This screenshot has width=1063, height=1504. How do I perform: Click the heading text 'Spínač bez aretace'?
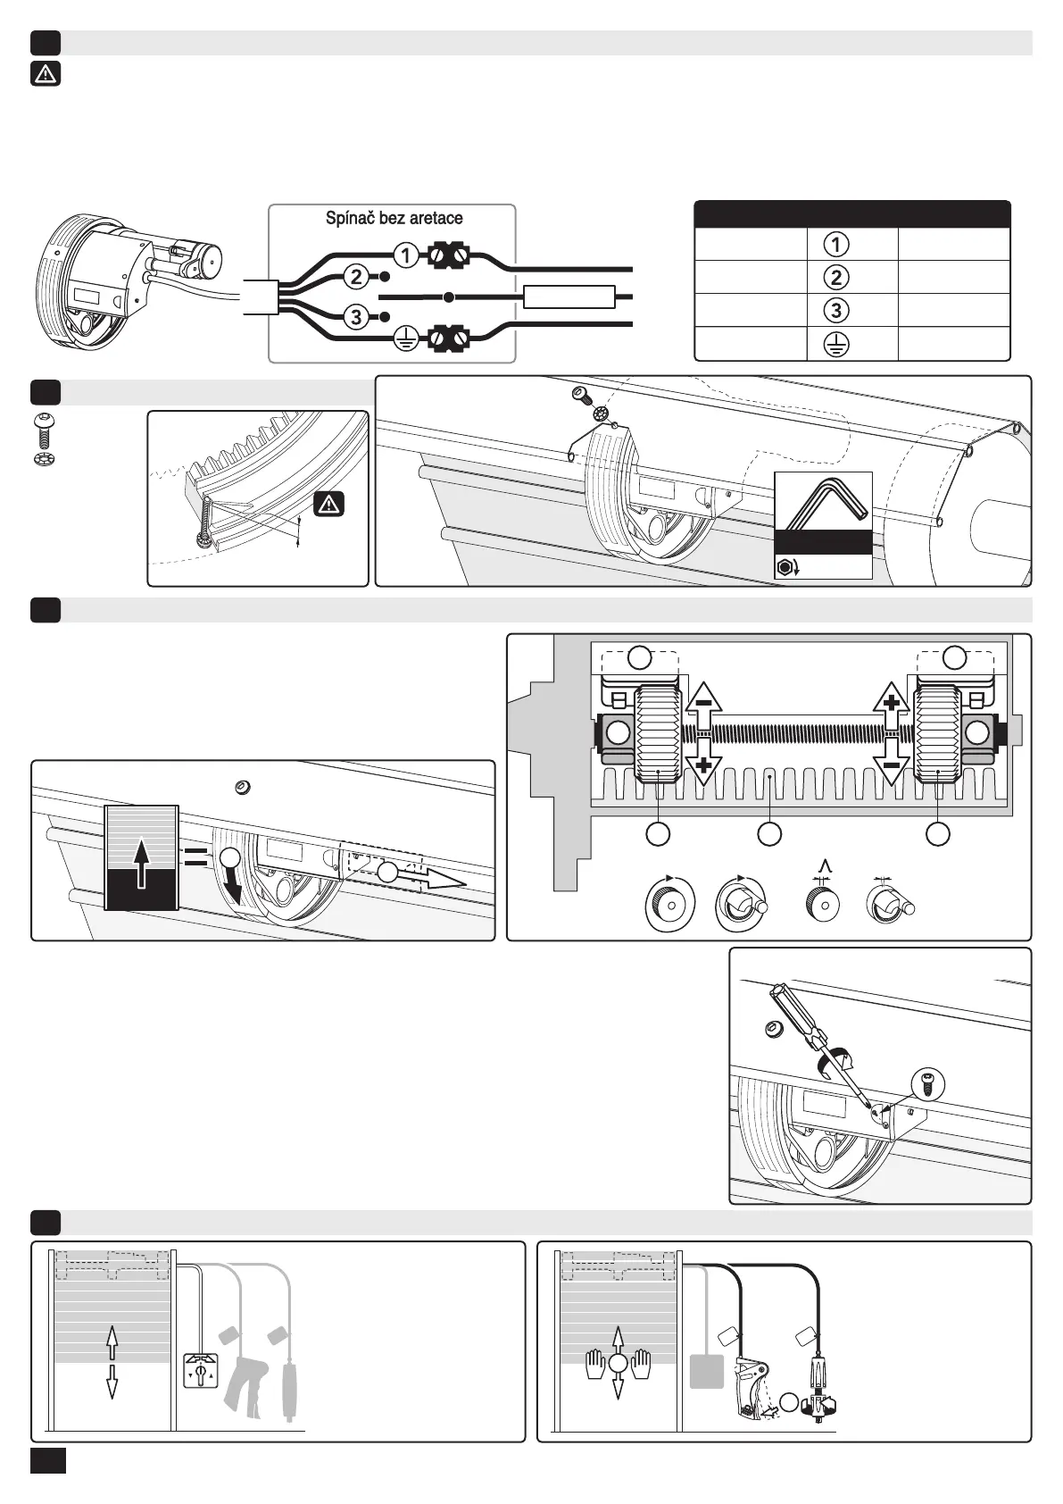click(x=394, y=218)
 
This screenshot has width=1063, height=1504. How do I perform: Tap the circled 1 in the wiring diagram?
click(x=406, y=255)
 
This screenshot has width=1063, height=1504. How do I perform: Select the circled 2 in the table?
click(x=835, y=277)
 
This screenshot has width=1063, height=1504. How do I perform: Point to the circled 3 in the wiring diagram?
click(x=356, y=317)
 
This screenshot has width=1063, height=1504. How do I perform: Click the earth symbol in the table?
click(x=835, y=344)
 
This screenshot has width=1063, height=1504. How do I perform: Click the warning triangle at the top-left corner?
click(x=46, y=74)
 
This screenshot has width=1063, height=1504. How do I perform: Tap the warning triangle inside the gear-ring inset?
click(x=329, y=505)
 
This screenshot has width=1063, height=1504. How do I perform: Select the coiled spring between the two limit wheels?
click(x=799, y=733)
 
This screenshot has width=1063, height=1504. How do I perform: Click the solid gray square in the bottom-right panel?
click(x=706, y=1370)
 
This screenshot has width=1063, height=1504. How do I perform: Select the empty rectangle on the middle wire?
click(x=569, y=297)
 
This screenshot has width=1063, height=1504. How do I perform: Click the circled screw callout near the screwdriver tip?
click(x=928, y=1083)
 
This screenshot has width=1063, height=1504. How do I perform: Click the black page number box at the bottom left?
click(x=47, y=1461)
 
